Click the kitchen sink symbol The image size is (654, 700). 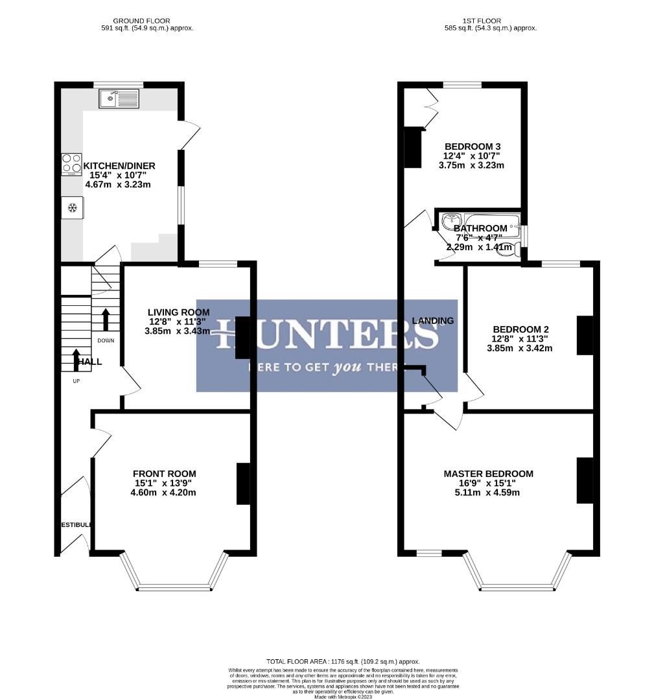(119, 99)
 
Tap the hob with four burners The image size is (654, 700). (71, 164)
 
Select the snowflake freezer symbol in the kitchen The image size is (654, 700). (72, 208)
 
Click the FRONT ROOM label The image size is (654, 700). (164, 474)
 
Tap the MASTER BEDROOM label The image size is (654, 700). (488, 474)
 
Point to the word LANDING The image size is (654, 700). (433, 321)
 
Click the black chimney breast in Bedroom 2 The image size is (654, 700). (585, 335)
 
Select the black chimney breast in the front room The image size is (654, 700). (243, 484)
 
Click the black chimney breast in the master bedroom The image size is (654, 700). (585, 480)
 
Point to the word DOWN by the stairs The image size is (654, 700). (106, 340)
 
